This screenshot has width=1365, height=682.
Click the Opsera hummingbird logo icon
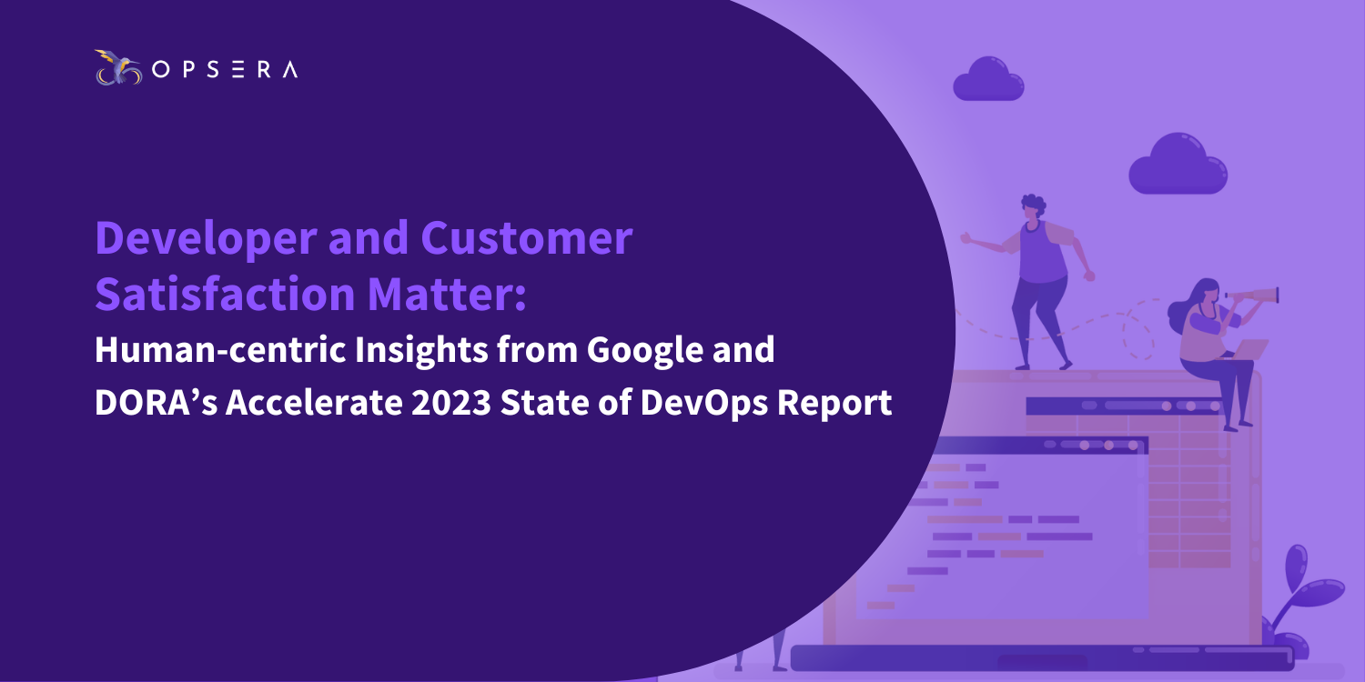[x=118, y=67]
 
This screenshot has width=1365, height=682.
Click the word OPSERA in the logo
[x=225, y=69]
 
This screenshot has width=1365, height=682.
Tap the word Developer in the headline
[x=206, y=238]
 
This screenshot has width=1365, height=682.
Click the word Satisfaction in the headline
[x=225, y=294]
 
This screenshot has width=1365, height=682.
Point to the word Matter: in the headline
[x=447, y=294]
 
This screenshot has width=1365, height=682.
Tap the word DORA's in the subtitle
[x=156, y=403]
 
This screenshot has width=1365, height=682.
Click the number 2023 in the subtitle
[x=451, y=403]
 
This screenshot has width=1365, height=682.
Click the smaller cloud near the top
[x=988, y=79]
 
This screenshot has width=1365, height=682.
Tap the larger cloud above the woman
[x=1178, y=165]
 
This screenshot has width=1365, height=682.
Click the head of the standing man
[x=1032, y=208]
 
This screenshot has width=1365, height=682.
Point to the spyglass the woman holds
[x=1251, y=296]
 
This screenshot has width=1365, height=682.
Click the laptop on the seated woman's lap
[x=1249, y=349]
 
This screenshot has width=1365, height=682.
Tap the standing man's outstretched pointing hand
[x=966, y=238]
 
